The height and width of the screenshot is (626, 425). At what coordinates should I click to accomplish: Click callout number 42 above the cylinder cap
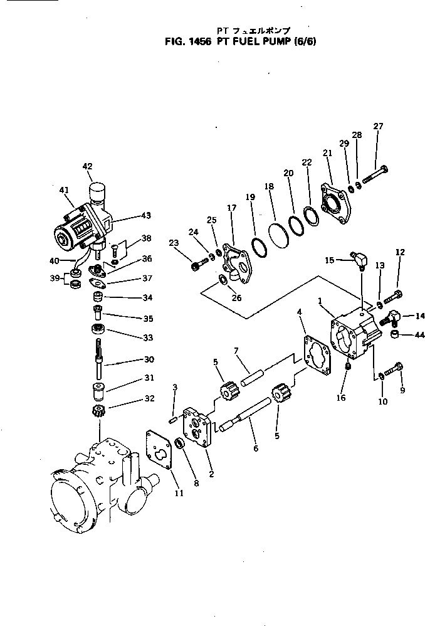(x=87, y=166)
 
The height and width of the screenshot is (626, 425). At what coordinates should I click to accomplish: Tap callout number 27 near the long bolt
(x=378, y=126)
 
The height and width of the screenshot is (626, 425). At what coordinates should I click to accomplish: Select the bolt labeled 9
(x=394, y=373)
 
